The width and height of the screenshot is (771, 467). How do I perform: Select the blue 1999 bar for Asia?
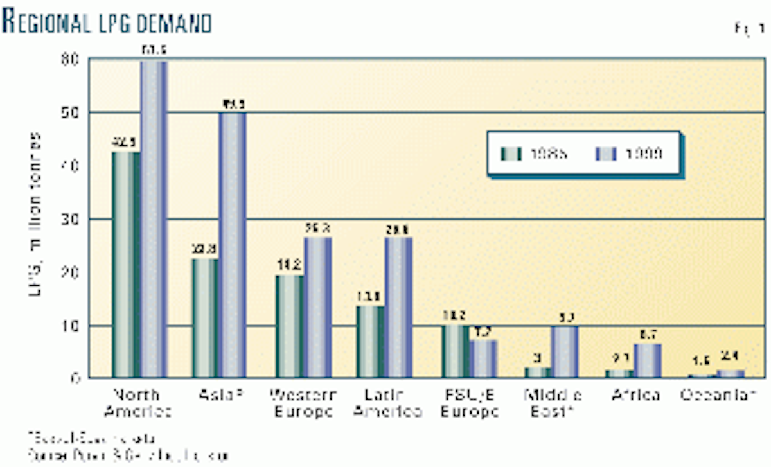(233, 245)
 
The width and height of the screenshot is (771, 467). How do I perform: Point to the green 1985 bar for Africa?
(618, 373)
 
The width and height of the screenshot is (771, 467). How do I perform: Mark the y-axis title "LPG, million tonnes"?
(35, 218)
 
